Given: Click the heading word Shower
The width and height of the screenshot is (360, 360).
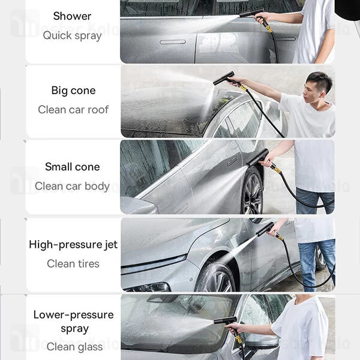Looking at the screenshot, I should click(73, 16).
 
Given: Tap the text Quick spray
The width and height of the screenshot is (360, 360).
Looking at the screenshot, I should click(73, 35).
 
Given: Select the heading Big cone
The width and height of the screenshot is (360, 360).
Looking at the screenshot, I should click(73, 91).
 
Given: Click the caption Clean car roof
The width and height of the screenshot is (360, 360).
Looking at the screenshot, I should click(73, 110).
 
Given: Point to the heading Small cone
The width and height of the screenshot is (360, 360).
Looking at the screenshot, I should click(73, 167).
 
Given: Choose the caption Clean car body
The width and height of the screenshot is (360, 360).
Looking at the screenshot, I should click(73, 186).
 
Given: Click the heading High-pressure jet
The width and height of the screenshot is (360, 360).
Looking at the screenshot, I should click(73, 245).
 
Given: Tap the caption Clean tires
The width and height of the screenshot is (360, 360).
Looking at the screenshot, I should click(73, 263).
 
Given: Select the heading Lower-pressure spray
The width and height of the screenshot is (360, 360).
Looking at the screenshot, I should click(73, 322).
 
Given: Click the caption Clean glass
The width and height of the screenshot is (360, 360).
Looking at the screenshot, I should click(73, 346).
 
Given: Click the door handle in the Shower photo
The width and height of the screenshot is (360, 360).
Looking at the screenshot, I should click(172, 41).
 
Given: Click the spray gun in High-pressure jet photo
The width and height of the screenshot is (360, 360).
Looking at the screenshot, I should click(266, 229).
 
